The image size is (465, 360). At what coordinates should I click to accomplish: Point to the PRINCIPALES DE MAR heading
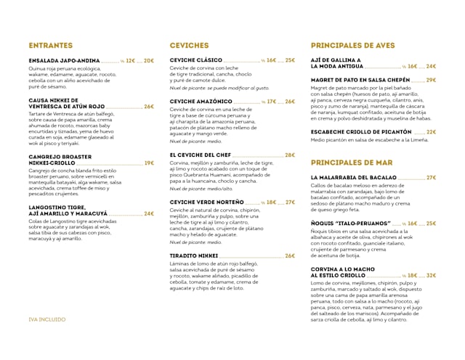coord(351,162)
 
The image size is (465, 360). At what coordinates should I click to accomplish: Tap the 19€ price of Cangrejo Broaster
coord(148,163)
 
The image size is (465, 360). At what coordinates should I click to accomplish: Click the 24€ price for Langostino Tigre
coord(148,213)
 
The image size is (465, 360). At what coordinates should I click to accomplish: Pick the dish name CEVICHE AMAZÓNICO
coord(201,102)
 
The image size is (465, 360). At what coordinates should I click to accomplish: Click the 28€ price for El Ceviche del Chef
coord(290,155)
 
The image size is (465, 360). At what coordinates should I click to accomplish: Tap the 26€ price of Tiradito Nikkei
coord(290,255)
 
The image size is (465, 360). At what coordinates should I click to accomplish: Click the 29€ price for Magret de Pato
coord(431,80)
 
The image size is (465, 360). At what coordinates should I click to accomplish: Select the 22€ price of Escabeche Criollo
coord(431,132)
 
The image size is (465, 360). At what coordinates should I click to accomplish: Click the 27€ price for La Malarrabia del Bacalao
coord(431,177)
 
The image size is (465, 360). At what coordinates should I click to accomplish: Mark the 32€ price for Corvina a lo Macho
coord(431,275)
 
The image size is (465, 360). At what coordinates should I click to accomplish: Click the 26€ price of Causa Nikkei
coord(148,107)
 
